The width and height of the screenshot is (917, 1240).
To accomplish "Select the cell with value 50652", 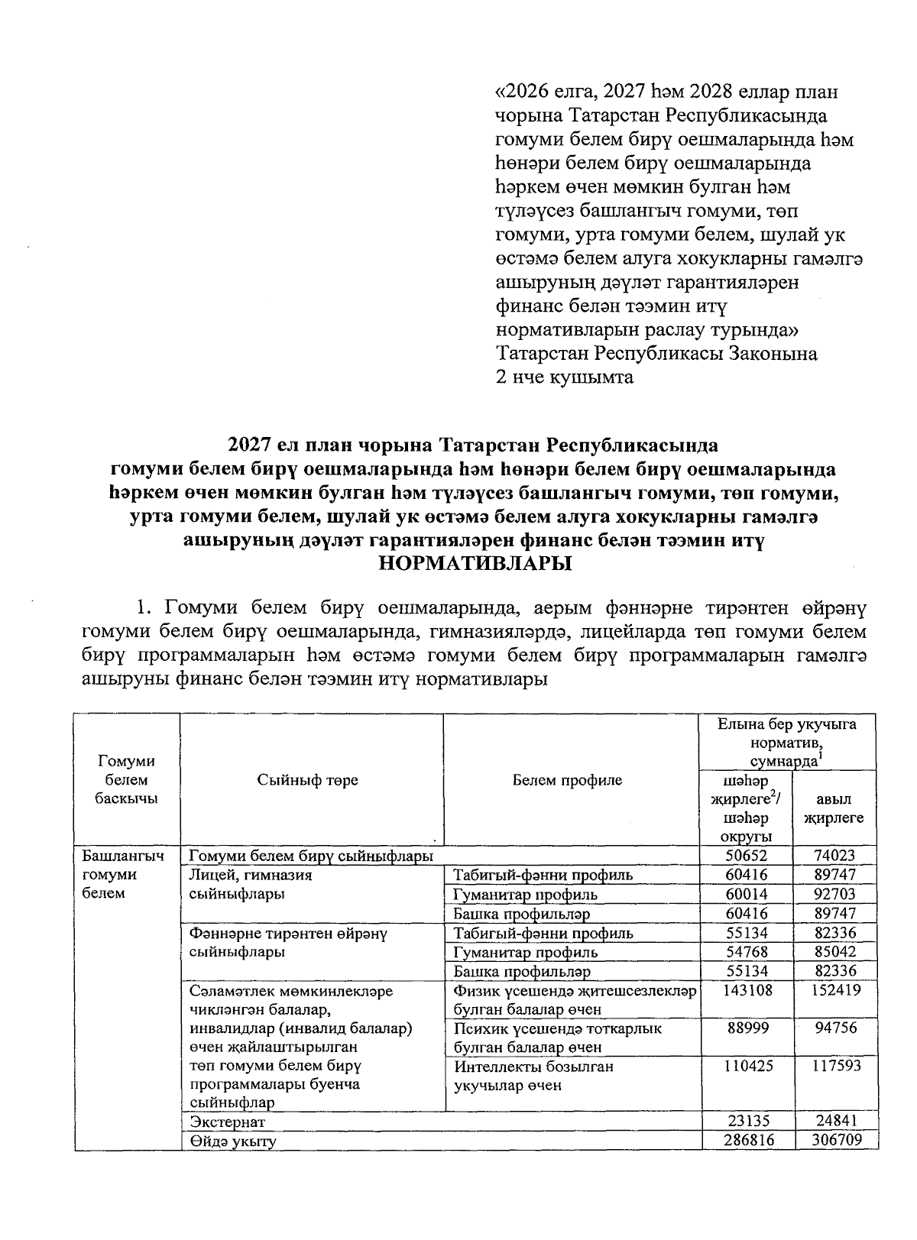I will click(746, 856).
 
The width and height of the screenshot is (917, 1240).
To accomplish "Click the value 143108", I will click(746, 990).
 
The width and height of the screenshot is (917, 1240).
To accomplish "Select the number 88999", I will click(746, 1028).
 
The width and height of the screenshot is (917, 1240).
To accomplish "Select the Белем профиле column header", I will click(567, 780).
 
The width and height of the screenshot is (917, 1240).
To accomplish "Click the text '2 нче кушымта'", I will click(565, 377).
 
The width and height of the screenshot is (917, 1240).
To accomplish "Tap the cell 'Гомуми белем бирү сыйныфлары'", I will click(311, 856).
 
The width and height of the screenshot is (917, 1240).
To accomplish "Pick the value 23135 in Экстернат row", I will click(746, 1122).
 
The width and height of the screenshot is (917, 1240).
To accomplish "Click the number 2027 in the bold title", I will click(251, 444).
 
